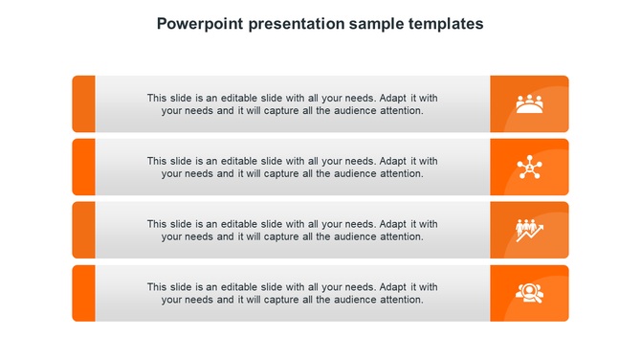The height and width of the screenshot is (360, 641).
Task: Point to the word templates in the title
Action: coord(451,23)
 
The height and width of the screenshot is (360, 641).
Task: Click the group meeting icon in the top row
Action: coord(529,103)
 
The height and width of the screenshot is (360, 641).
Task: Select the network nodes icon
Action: coord(529,167)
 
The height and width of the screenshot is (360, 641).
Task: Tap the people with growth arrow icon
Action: coord(529,230)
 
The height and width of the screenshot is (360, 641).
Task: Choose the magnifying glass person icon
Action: coord(529,292)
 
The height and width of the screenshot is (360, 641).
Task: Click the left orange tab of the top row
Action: coord(84,103)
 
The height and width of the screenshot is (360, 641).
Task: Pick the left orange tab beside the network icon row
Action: coord(84,167)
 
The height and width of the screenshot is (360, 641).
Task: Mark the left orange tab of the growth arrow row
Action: coord(84,230)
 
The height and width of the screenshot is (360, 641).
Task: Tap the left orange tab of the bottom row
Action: coord(84,293)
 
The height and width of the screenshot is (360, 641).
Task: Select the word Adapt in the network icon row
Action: coord(395,161)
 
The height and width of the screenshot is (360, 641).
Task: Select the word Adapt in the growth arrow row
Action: coord(395,224)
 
